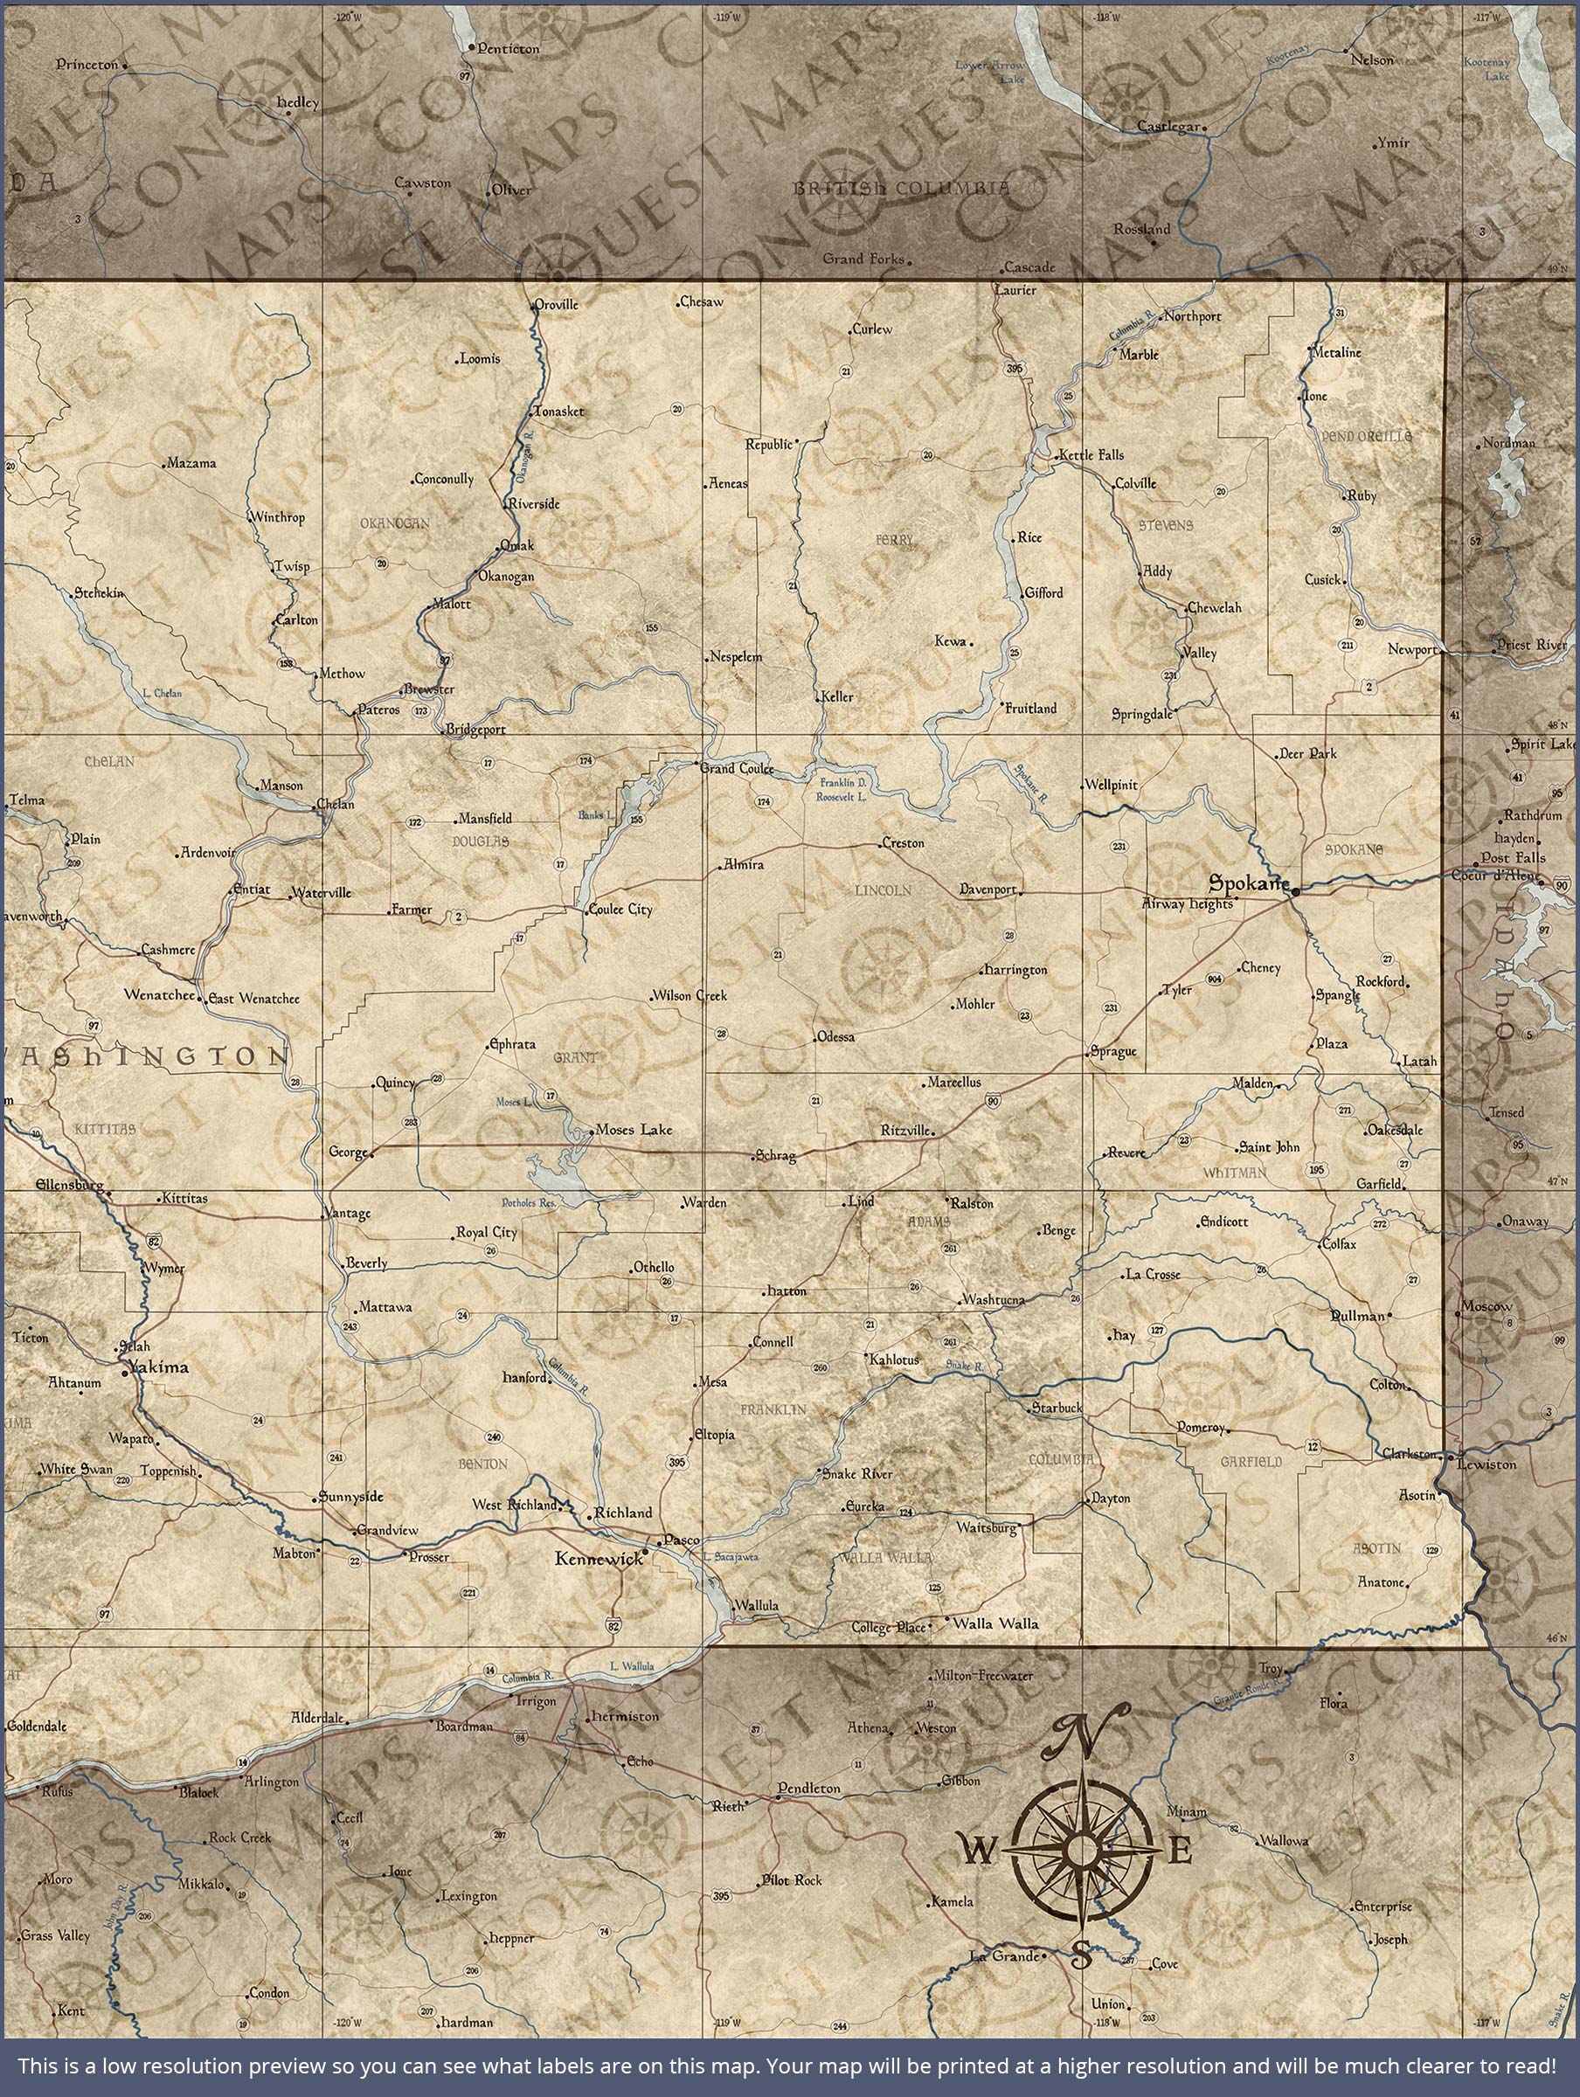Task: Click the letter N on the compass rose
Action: click(1084, 1733)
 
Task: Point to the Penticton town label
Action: click(508, 48)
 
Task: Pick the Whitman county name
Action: click(1235, 1173)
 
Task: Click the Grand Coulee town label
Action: click(737, 768)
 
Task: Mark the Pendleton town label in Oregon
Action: click(809, 1787)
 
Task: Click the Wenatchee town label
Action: click(159, 995)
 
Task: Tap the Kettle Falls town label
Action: click(1091, 454)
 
